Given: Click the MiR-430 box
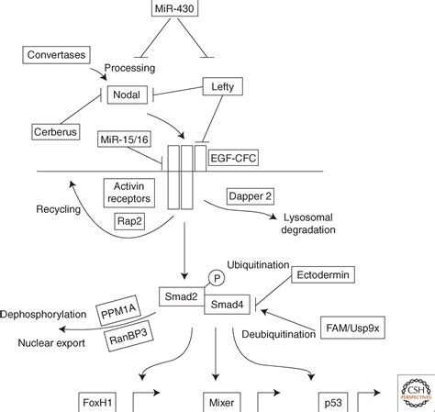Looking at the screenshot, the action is [x=174, y=8].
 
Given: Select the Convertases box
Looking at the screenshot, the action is [x=56, y=55].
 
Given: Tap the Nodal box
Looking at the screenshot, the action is [x=127, y=95].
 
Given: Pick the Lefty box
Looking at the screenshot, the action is [x=223, y=86].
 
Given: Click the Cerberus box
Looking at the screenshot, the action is [x=56, y=132].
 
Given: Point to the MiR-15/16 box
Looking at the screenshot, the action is [x=124, y=139].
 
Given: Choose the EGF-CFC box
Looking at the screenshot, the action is [x=233, y=158].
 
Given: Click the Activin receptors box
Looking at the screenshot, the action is [x=129, y=193].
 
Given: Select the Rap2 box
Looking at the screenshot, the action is [x=129, y=221].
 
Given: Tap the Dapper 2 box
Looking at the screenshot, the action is [x=251, y=196].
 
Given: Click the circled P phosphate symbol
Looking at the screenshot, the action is [x=217, y=278].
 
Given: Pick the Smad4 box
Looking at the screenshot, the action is [x=228, y=305].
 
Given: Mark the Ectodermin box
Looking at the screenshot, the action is [x=323, y=274].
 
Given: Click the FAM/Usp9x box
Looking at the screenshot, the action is [x=352, y=328].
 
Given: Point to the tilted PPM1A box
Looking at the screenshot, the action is [x=118, y=311].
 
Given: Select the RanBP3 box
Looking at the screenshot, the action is [x=128, y=336].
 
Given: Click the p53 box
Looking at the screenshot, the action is [x=333, y=402].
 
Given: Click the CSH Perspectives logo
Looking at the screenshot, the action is [x=416, y=393].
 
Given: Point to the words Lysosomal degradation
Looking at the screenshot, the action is [x=308, y=224].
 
